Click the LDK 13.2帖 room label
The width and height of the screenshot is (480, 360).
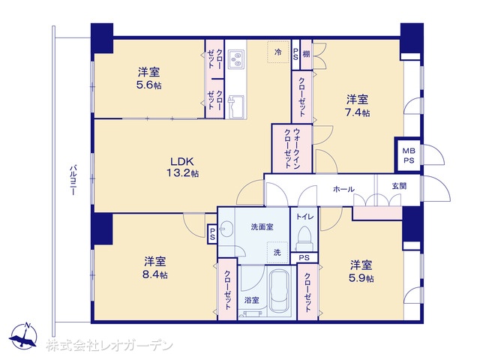pyautogui.click(x=182, y=166)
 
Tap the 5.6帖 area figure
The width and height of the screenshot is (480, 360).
pyautogui.click(x=148, y=85)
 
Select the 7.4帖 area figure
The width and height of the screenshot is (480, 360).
pyautogui.click(x=357, y=112)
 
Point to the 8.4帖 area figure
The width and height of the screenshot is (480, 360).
pyautogui.click(x=155, y=274)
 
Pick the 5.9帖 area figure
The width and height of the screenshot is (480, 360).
pyautogui.click(x=361, y=278)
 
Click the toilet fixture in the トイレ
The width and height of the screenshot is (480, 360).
pyautogui.click(x=304, y=235)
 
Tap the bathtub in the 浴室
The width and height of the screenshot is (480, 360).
pyautogui.click(x=279, y=290)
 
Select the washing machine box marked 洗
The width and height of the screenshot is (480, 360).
pyautogui.click(x=277, y=253)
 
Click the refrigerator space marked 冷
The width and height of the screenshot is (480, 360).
pyautogui.click(x=278, y=52)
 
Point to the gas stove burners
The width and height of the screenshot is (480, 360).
pyautogui.click(x=236, y=58)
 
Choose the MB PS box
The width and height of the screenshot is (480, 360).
pyautogui.click(x=409, y=155)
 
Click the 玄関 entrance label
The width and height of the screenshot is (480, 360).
pyautogui.click(x=399, y=185)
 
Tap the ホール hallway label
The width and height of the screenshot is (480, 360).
pyautogui.click(x=343, y=189)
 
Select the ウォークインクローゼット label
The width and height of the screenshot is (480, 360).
pyautogui.click(x=292, y=148)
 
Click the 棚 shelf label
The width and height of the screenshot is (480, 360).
pyautogui.click(x=306, y=54)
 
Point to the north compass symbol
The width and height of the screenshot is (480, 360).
pyautogui.click(x=23, y=336)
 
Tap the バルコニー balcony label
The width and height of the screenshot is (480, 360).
pyautogui.click(x=73, y=180)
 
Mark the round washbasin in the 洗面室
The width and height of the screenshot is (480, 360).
pyautogui.click(x=226, y=229)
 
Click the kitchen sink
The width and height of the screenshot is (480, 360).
pyautogui.click(x=236, y=106)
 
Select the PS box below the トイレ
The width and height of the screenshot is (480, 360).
pyautogui.click(x=304, y=258)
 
